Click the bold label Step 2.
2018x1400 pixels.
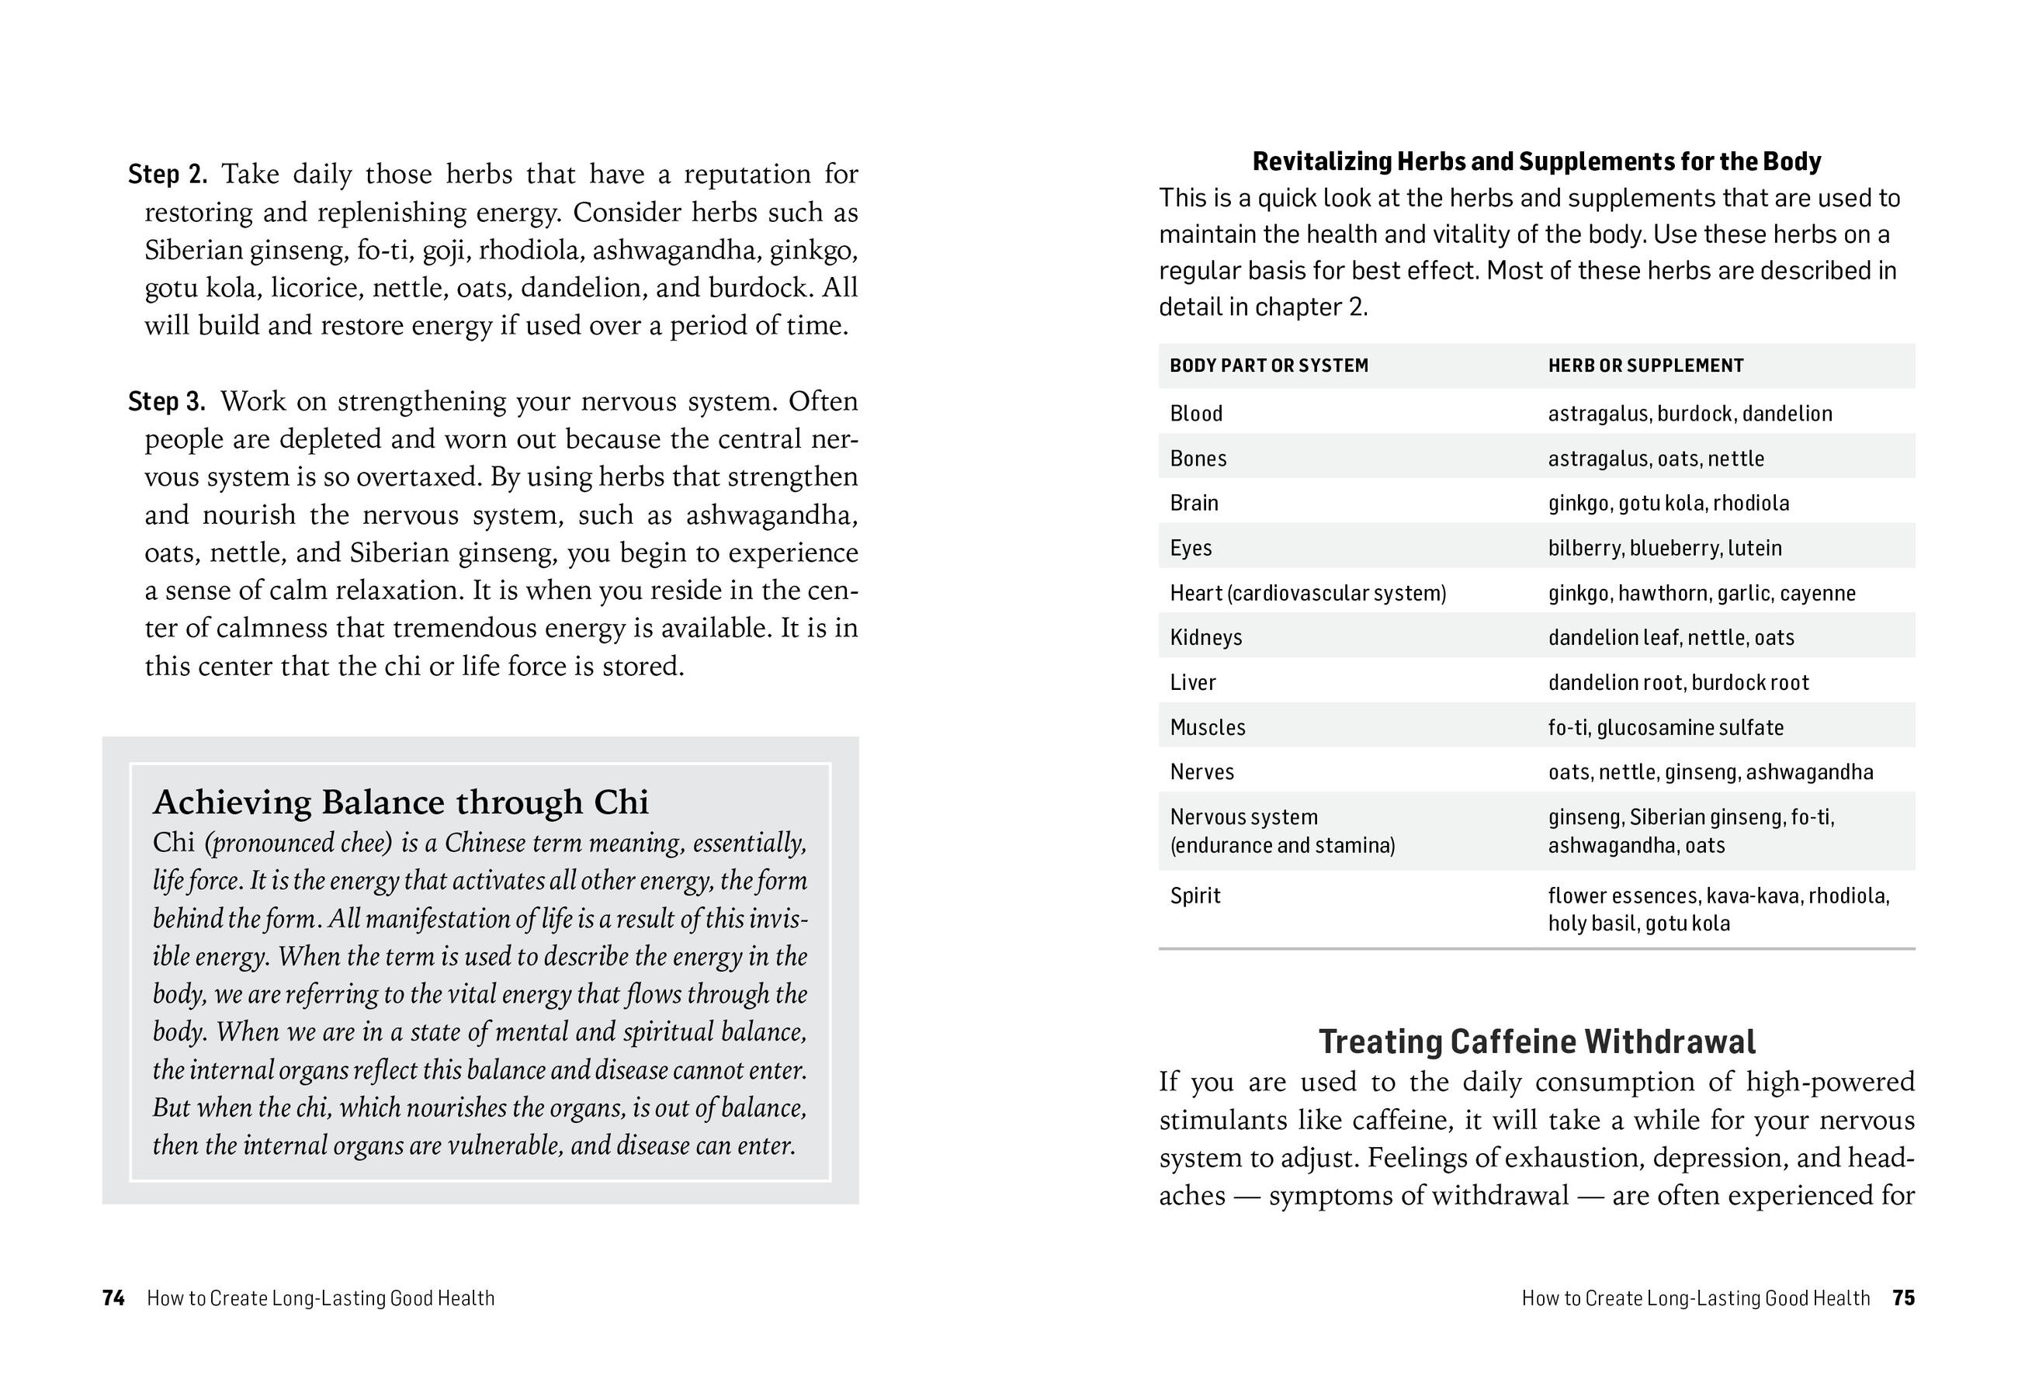coord(167,175)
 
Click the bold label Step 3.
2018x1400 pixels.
coord(167,402)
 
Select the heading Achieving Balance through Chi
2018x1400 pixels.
coord(401,802)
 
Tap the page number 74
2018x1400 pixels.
coord(113,1298)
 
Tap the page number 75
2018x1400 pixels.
coord(1903,1298)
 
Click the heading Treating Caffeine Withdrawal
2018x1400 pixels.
coord(1536,1042)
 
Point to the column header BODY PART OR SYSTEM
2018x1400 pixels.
coord(1269,366)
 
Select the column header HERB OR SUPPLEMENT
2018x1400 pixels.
coord(1645,366)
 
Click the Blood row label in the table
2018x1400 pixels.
coord(1196,413)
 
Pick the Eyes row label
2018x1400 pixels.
coord(1191,548)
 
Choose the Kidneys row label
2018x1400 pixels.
coord(1205,638)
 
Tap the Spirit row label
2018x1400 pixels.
coord(1195,896)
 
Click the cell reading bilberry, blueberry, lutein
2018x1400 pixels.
coord(1664,548)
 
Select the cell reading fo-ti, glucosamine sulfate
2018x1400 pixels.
coord(1666,727)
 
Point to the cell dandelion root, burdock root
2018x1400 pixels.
coord(1677,682)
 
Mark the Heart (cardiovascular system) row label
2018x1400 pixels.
coord(1307,593)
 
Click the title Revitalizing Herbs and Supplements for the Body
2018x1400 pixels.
coord(1536,161)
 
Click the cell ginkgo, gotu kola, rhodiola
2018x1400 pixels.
coord(1668,504)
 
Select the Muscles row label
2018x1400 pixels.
coord(1207,727)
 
